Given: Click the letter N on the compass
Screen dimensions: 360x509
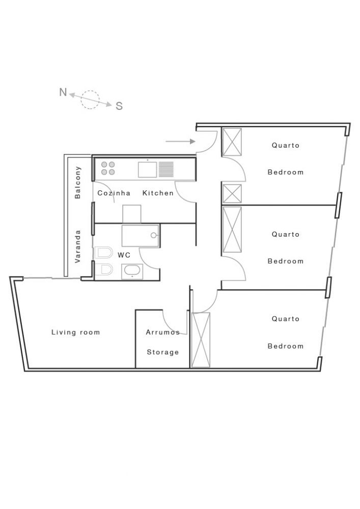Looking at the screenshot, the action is coord(63,92).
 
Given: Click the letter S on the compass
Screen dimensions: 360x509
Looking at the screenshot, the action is coord(119,106).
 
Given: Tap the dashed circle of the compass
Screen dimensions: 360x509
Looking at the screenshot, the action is coord(90,99).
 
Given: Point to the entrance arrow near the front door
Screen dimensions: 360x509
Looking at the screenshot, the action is coord(180,142).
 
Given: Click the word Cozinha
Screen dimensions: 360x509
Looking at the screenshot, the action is coord(114,193).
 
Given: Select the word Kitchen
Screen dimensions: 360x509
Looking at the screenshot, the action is coord(158,193).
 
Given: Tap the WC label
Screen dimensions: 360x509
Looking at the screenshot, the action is coord(124,255).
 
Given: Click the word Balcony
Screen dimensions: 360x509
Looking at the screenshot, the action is coord(77,182).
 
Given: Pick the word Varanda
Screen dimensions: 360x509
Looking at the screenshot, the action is coord(77,246).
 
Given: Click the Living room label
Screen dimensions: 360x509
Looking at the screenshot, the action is coord(76,332).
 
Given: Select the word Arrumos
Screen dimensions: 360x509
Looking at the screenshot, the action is coord(162,332).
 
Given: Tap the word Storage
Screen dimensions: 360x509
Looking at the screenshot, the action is coord(162,352).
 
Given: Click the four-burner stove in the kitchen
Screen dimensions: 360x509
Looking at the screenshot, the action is coord(108,168).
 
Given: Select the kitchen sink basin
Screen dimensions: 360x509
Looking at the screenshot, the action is coord(147,169).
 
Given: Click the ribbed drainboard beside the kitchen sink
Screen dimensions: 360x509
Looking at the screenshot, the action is coord(166,169).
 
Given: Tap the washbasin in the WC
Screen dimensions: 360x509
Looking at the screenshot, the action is coord(132,271).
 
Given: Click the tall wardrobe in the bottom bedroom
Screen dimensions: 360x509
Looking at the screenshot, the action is coord(201,340).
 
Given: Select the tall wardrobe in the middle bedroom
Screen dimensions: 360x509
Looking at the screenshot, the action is coord(232,230).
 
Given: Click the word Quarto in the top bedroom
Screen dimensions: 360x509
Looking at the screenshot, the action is coord(286,145).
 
